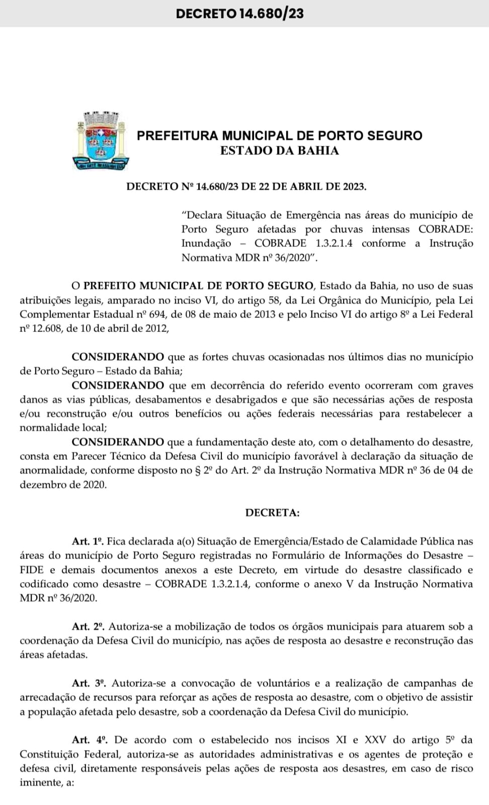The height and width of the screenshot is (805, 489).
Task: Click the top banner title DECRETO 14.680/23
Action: [x=239, y=13]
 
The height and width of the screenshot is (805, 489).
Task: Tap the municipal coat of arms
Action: [x=101, y=140]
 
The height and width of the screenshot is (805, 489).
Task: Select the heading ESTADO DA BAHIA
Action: [x=279, y=150]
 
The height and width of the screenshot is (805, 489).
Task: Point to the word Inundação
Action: [x=206, y=244]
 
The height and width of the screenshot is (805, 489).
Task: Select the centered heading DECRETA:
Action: [x=272, y=513]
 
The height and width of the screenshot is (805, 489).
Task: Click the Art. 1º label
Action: [x=88, y=541]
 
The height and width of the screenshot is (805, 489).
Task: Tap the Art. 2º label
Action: [x=88, y=626]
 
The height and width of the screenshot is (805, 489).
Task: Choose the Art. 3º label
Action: [x=88, y=683]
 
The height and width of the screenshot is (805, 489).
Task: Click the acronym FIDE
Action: [x=32, y=570]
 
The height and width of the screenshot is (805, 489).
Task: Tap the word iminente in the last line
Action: [x=39, y=783]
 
